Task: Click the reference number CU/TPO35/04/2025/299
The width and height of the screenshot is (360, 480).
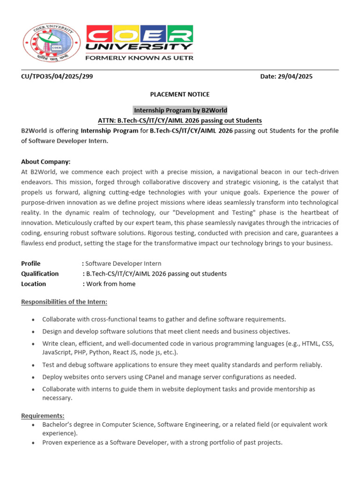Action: (x=57, y=76)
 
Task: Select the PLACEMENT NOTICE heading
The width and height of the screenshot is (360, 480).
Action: (x=180, y=95)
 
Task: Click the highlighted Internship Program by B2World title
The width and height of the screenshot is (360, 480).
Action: (x=180, y=110)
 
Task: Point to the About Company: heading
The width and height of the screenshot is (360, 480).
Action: (x=45, y=162)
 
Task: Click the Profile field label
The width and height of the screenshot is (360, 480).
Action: (x=31, y=263)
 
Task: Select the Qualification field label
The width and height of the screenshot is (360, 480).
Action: (x=40, y=273)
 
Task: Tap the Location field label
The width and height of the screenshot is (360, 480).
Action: (x=34, y=284)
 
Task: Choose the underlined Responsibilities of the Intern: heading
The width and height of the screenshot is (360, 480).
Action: (x=64, y=301)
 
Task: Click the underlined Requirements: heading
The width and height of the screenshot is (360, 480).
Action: (x=43, y=416)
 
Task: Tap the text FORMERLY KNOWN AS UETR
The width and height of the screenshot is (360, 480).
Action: (x=139, y=58)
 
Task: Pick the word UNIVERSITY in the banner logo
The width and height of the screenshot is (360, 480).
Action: (x=139, y=47)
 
